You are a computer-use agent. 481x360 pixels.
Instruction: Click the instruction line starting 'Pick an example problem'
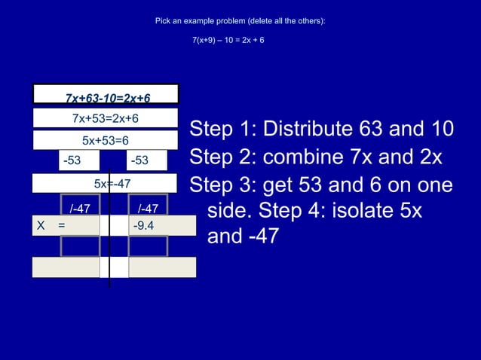pyautogui.click(x=240, y=20)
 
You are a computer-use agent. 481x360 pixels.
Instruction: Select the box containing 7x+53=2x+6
pyautogui.click(x=105, y=118)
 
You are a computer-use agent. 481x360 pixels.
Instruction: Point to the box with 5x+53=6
pyautogui.click(x=105, y=140)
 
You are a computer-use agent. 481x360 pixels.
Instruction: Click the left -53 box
pyautogui.click(x=72, y=160)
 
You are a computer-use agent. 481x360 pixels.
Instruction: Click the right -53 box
pyautogui.click(x=139, y=160)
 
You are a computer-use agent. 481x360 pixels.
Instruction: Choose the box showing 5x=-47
pyautogui.click(x=105, y=183)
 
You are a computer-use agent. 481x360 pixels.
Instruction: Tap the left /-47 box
pyautogui.click(x=80, y=208)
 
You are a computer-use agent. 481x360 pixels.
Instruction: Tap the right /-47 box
pyautogui.click(x=148, y=208)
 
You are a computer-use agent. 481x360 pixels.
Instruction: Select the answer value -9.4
pyautogui.click(x=143, y=224)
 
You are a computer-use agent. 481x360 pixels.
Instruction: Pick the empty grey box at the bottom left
pyautogui.click(x=66, y=267)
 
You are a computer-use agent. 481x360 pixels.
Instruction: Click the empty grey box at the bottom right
pyautogui.click(x=162, y=267)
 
